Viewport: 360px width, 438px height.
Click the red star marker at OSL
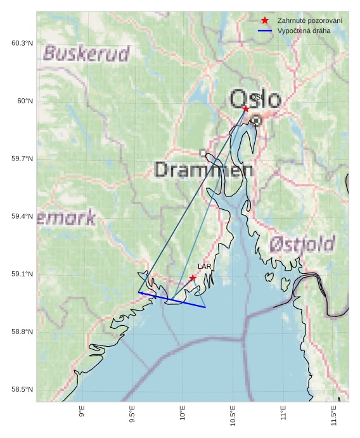click(246, 108)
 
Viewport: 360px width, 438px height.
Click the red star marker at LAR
click(193, 278)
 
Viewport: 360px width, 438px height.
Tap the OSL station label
click(257, 97)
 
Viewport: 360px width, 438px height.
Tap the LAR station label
click(204, 267)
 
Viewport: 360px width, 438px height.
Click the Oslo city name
click(255, 100)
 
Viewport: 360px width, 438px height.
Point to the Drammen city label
click(203, 169)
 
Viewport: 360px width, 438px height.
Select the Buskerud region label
click(86, 53)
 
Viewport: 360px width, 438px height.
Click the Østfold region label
click(302, 244)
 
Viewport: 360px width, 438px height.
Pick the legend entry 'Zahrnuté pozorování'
click(310, 21)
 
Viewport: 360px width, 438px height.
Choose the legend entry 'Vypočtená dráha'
click(304, 30)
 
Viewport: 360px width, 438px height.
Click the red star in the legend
click(265, 21)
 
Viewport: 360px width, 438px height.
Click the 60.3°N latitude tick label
click(22, 43)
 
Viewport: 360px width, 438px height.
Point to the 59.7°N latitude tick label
click(22, 158)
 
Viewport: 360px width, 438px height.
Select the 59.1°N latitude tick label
click(22, 274)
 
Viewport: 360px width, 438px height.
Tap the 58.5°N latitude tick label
click(22, 389)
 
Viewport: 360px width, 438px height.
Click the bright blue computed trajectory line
click(172, 300)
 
